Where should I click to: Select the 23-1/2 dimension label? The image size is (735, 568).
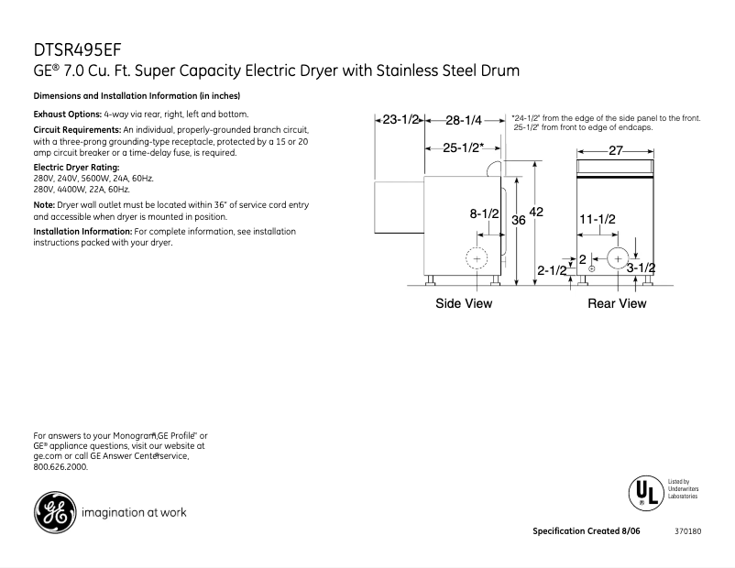pos(400,120)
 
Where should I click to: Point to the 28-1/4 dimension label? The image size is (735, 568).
pos(464,120)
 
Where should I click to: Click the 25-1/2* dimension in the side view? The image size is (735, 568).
pos(463,147)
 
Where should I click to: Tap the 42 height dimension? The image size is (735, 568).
pos(537,212)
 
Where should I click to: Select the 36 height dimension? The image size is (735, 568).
pos(519,220)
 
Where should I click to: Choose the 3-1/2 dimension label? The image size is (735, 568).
pos(641,268)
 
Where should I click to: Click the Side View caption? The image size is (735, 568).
pos(463,304)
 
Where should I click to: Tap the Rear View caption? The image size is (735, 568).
pos(617,304)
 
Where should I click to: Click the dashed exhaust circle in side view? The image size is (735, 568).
pos(477,259)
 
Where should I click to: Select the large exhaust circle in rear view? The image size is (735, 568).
pos(620,259)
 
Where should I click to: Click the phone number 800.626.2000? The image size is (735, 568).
pos(60,466)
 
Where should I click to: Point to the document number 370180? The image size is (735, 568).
pos(687,532)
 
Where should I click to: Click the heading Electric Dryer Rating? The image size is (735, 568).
pos(76,168)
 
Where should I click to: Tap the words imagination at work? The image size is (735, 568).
pos(134,512)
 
